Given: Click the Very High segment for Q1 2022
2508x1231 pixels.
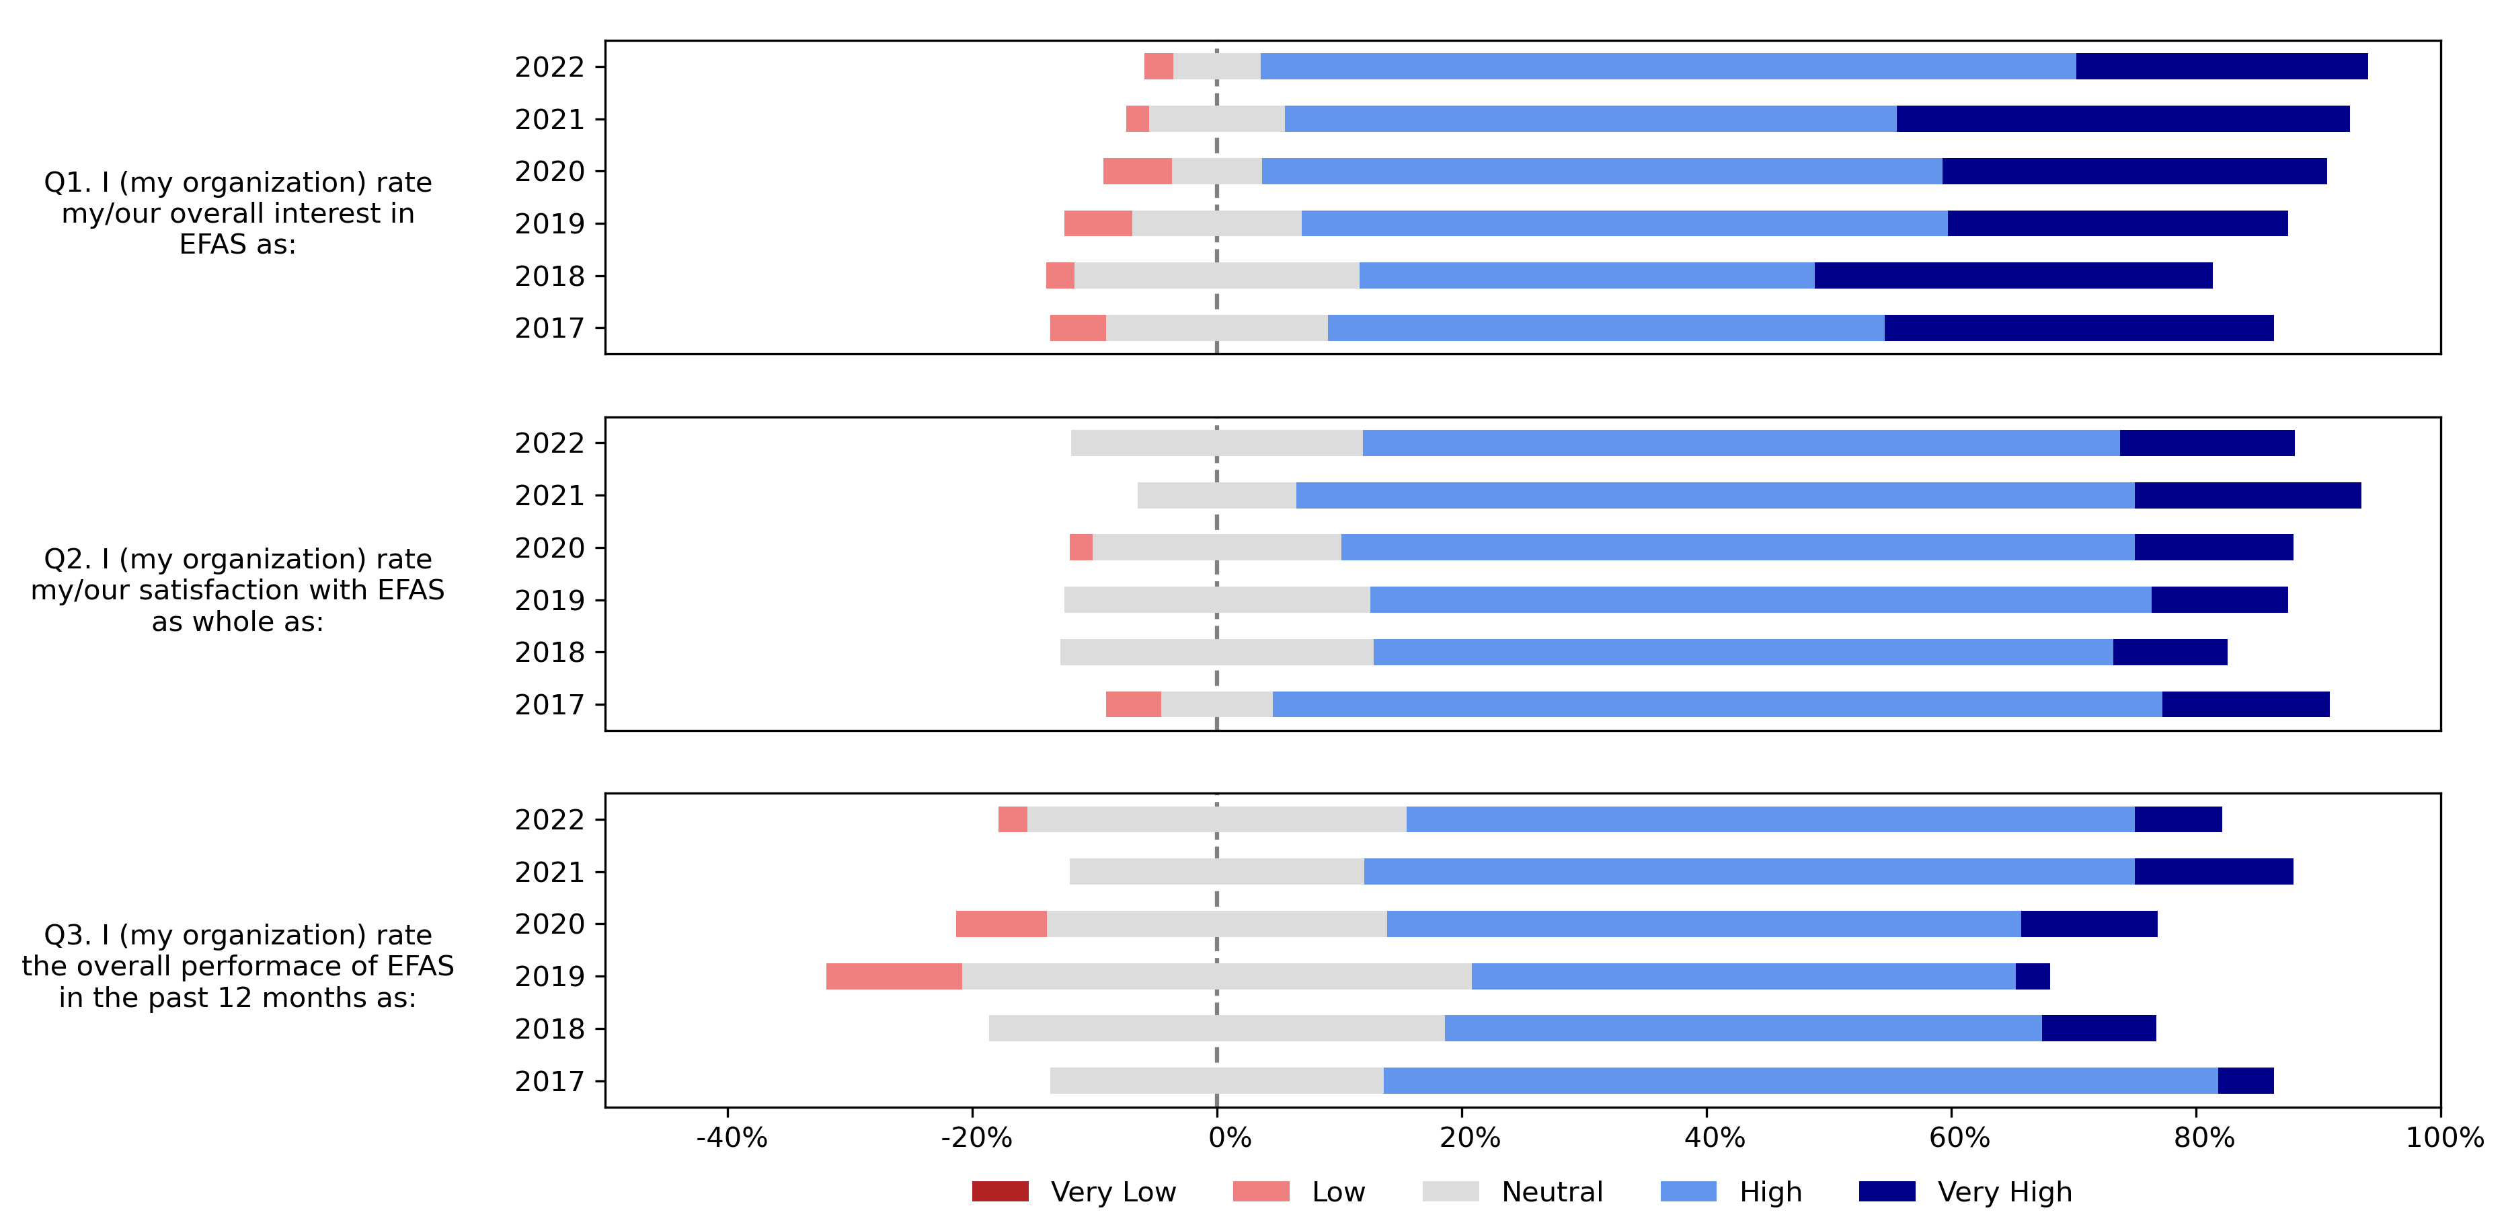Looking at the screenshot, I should tap(2221, 66).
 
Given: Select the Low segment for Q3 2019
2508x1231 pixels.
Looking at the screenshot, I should tap(894, 976).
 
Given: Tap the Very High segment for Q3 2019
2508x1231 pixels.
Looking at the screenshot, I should tap(2032, 976).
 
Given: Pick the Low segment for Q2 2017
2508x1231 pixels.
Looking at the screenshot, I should tap(1133, 704).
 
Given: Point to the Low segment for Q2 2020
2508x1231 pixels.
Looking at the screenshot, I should tap(1081, 548).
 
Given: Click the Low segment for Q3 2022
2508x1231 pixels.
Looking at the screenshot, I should tap(1013, 819).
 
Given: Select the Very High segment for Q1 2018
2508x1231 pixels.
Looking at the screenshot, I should tap(2012, 276).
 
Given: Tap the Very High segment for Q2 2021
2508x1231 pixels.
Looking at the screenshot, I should tap(2247, 494).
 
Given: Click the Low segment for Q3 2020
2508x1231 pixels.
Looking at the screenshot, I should tap(1001, 923).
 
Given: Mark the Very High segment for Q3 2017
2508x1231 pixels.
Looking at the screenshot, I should tap(2245, 1081).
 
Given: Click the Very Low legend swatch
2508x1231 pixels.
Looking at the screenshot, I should tap(1000, 1191).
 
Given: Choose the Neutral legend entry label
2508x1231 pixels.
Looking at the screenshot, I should tap(1552, 1191).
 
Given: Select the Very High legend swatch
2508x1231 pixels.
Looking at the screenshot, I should tap(1887, 1191).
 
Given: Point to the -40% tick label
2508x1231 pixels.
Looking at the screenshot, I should tap(731, 1137).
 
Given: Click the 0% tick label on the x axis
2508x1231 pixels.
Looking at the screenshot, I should tap(1228, 1137).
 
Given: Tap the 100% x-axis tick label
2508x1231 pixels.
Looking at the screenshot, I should tap(2443, 1137).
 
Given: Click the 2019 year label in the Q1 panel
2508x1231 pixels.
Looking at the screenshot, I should tap(549, 224).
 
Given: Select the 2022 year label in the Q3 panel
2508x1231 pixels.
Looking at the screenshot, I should tap(549, 820).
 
